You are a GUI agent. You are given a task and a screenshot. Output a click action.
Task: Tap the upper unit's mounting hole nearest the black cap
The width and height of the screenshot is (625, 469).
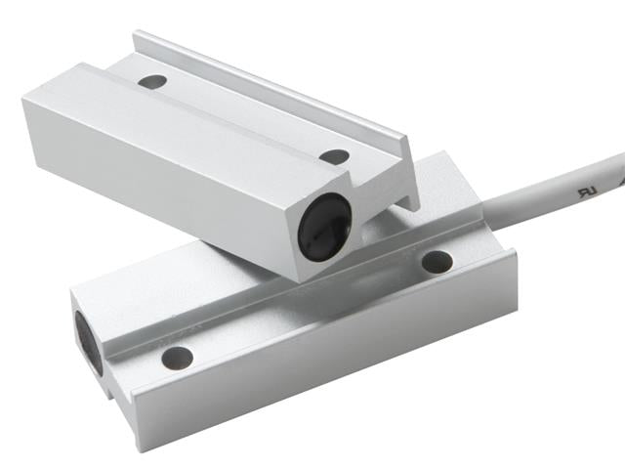[334, 156]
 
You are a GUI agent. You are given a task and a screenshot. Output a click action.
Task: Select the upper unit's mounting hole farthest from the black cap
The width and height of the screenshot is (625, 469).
[151, 82]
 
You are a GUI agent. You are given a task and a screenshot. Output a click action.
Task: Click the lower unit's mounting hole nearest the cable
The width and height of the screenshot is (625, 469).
[437, 261]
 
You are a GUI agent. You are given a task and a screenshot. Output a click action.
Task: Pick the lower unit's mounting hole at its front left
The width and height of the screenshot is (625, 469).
[176, 357]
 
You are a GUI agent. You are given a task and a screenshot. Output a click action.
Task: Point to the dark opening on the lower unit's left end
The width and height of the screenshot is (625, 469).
[85, 337]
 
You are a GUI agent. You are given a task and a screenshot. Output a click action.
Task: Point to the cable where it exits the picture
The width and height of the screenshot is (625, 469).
[619, 160]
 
